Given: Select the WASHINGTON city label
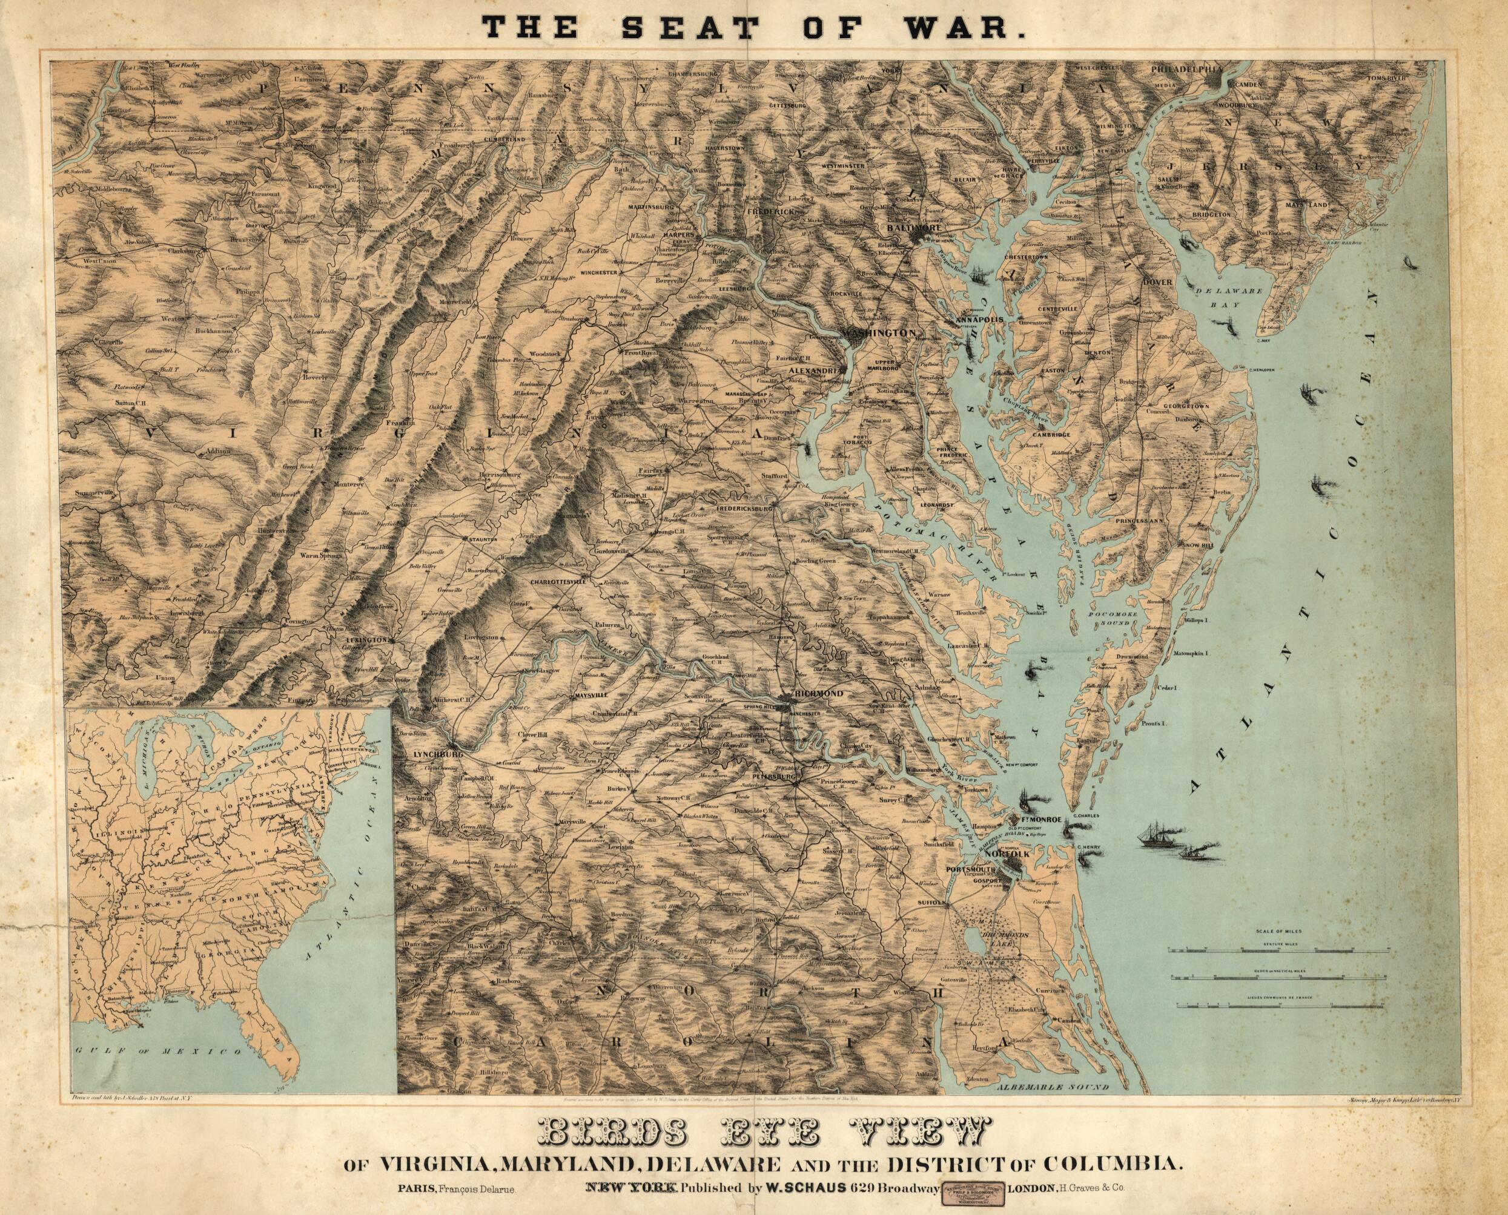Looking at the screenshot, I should click(879, 333).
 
